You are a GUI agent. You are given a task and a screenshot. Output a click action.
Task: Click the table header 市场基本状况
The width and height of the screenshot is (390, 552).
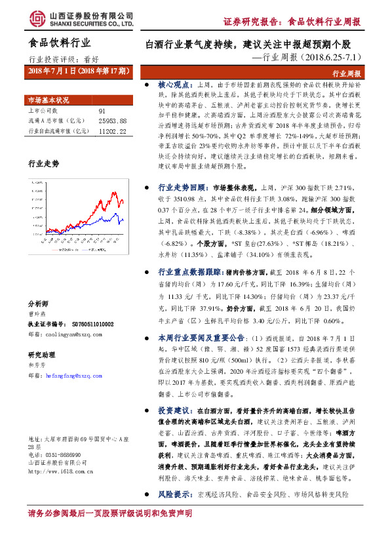pyautogui.click(x=48, y=100)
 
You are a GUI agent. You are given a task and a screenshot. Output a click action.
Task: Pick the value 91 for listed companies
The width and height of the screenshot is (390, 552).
pyautogui.click(x=102, y=111)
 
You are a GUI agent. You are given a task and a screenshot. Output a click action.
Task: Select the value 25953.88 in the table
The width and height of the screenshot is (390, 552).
pyautogui.click(x=112, y=121)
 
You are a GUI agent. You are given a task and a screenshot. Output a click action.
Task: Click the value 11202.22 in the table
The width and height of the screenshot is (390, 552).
pyautogui.click(x=112, y=131)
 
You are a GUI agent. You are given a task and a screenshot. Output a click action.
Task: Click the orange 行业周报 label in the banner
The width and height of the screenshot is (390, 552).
pyautogui.click(x=347, y=75)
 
